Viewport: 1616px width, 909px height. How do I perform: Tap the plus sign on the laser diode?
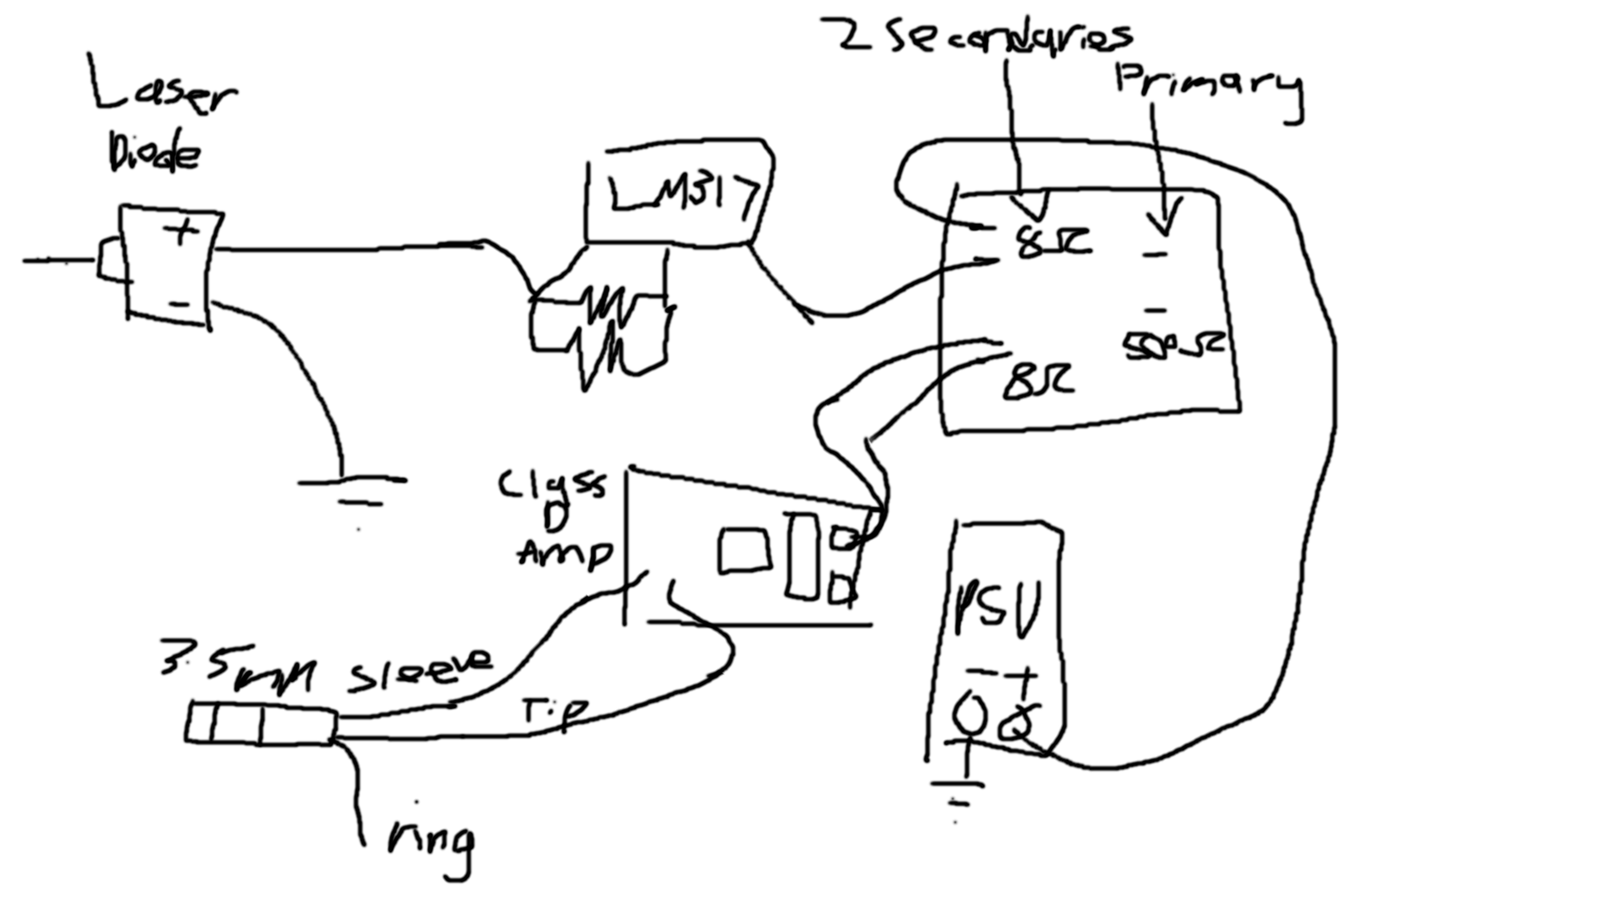(x=182, y=231)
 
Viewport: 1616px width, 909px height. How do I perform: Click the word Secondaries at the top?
(x=1010, y=38)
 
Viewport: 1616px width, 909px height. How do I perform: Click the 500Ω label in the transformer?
(x=1172, y=345)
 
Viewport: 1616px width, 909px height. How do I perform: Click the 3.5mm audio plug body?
(x=261, y=724)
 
